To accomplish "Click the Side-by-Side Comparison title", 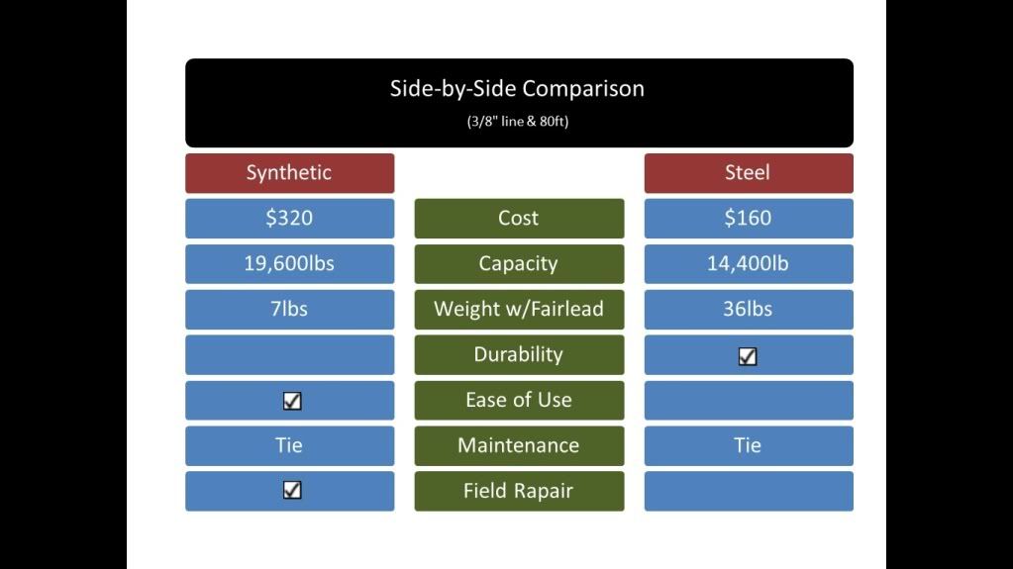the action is pyautogui.click(x=517, y=88).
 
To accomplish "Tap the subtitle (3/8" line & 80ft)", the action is pyautogui.click(x=518, y=122).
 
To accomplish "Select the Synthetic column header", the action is pyautogui.click(x=289, y=173).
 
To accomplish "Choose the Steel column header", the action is pyautogui.click(x=749, y=173).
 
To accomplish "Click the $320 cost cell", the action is pyautogui.click(x=289, y=219).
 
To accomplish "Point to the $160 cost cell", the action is pyautogui.click(x=749, y=219).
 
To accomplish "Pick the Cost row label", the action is pyautogui.click(x=519, y=219).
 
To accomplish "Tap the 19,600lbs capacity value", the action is pyautogui.click(x=289, y=263).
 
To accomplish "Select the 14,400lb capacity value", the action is pyautogui.click(x=749, y=263).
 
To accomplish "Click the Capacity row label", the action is pyautogui.click(x=519, y=263).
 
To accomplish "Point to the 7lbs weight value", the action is pyautogui.click(x=289, y=310).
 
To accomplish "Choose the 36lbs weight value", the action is pyautogui.click(x=749, y=310).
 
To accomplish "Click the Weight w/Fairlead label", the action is pyautogui.click(x=519, y=310).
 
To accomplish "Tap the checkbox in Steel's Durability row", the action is pyautogui.click(x=748, y=356).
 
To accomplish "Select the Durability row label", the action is pyautogui.click(x=519, y=354).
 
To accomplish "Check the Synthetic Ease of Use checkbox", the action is pyautogui.click(x=292, y=401).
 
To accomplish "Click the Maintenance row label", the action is pyautogui.click(x=519, y=445).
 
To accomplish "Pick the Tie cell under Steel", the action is pyautogui.click(x=749, y=445).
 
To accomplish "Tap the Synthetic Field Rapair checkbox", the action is pyautogui.click(x=292, y=490).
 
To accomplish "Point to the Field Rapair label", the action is pyautogui.click(x=519, y=491).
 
